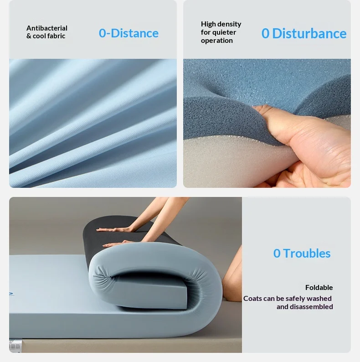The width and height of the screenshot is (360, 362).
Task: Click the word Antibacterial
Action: (x=47, y=28)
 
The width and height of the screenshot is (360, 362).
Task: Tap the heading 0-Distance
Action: (x=129, y=33)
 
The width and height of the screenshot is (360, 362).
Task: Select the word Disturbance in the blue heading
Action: (x=309, y=33)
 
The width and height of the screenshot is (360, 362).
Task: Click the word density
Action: (x=229, y=24)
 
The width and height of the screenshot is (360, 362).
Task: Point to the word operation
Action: (x=217, y=41)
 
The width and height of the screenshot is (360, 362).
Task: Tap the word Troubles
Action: (x=307, y=253)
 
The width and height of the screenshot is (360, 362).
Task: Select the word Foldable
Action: (x=319, y=287)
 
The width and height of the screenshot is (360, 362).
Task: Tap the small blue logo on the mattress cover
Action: (x=11, y=294)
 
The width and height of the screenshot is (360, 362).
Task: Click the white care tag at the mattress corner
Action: (x=14, y=346)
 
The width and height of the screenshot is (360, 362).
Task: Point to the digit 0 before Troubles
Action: (x=277, y=253)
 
